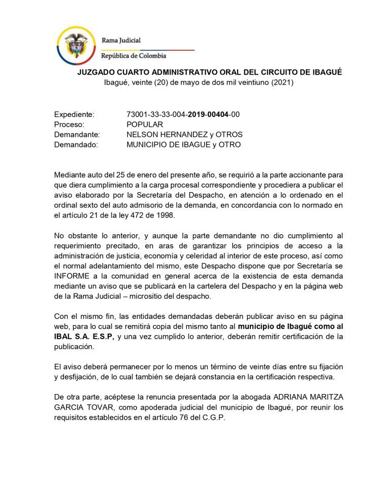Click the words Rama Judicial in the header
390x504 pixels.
pyautogui.click(x=121, y=40)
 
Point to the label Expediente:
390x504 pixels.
pyautogui.click(x=74, y=115)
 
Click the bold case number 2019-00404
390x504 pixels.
pyautogui.click(x=208, y=115)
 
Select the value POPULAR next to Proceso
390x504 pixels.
pyautogui.click(x=145, y=125)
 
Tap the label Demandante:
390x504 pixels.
pyautogui.click(x=77, y=135)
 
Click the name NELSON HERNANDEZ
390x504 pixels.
pyautogui.click(x=167, y=135)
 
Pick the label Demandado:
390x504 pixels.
pyautogui.click(x=76, y=145)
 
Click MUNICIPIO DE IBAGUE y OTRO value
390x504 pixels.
pyautogui.click(x=183, y=145)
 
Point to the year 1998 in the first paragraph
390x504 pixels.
pyautogui.click(x=165, y=215)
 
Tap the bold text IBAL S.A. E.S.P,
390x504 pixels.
pyautogui.click(x=84, y=337)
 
